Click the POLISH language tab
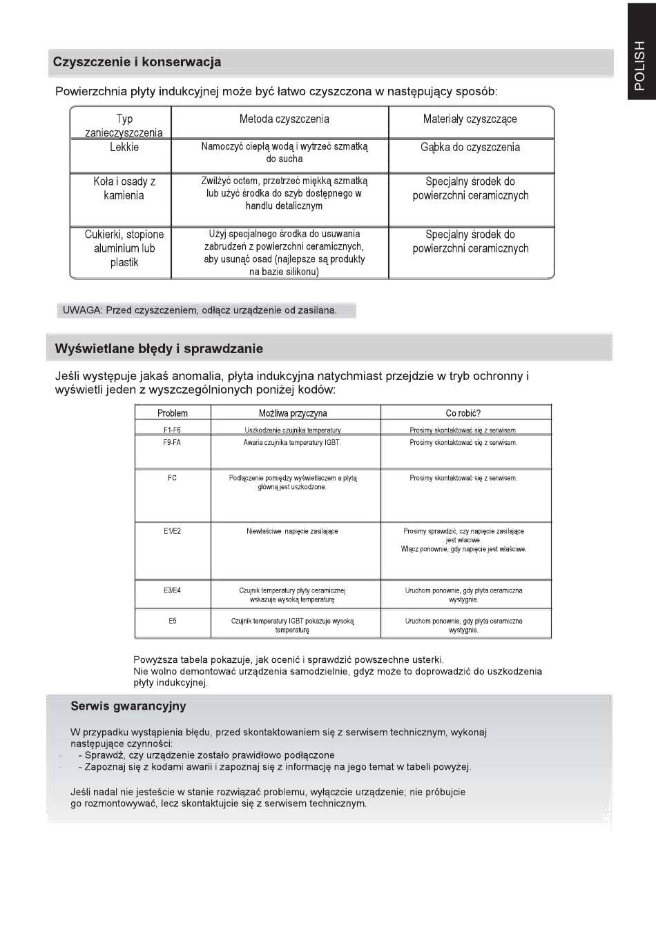639,66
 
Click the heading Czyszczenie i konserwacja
137,62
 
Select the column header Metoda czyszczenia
284,119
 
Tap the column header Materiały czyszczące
470,119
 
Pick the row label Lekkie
124,148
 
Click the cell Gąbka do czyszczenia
470,148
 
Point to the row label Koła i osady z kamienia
124,188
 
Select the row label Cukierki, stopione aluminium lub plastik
124,248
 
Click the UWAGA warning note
200,310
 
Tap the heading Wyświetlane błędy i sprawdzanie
159,349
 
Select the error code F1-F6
172,430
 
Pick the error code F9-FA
172,443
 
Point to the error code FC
172,478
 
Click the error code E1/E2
172,531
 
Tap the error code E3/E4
172,590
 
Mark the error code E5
172,621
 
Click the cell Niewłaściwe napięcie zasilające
292,531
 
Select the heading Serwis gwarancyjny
128,706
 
